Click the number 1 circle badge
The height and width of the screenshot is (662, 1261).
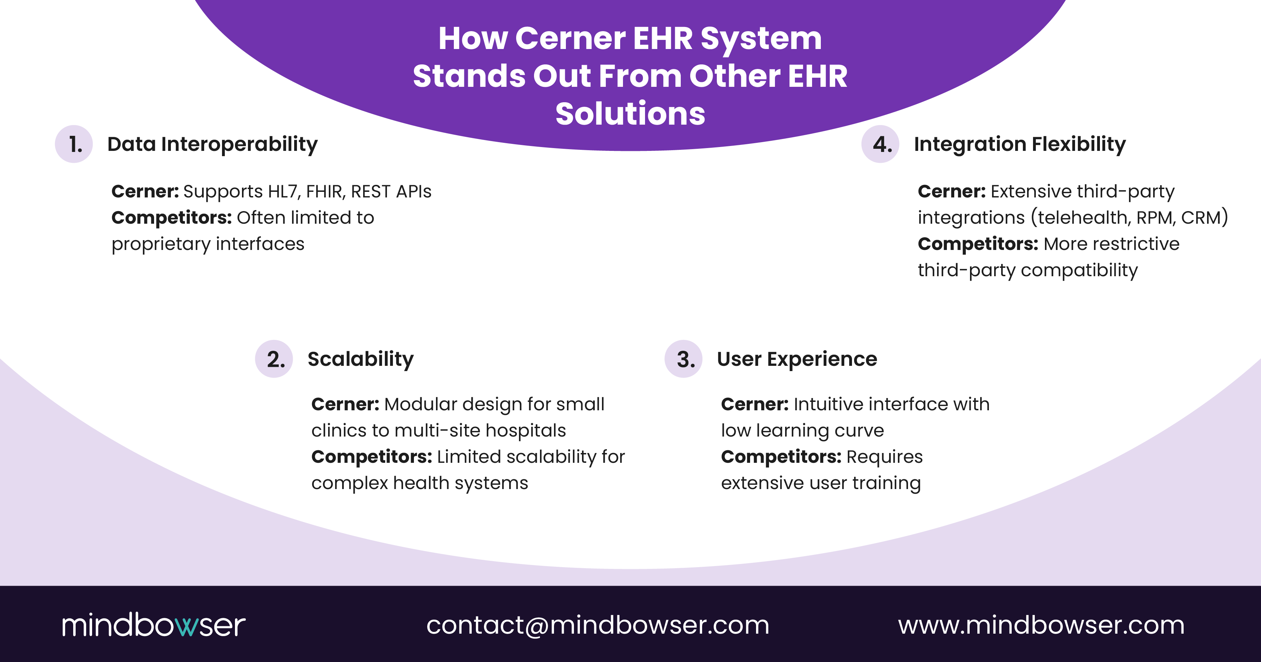(x=74, y=144)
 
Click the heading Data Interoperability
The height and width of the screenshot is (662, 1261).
(x=213, y=144)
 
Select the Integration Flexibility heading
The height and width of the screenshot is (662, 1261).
(x=1020, y=144)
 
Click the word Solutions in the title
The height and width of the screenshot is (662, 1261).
(x=630, y=113)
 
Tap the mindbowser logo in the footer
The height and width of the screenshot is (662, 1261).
(x=153, y=625)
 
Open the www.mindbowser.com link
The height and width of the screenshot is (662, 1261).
(x=1041, y=625)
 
